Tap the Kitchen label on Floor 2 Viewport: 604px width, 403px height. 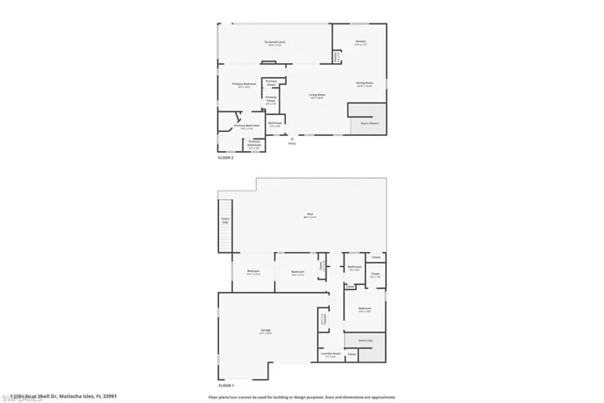click(x=360, y=40)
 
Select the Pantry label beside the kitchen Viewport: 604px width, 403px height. click(x=337, y=56)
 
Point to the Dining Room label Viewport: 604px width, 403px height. click(x=364, y=83)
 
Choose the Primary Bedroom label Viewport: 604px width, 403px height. click(x=244, y=84)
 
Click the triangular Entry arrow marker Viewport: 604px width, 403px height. click(x=292, y=138)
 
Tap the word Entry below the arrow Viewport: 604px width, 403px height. click(x=292, y=144)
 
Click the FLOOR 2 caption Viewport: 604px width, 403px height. click(x=226, y=157)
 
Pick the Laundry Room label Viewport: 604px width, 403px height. click(x=330, y=354)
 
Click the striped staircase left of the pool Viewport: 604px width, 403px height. click(x=225, y=224)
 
